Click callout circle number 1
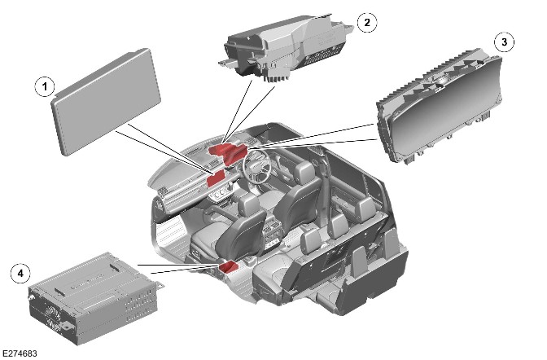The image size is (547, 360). tap(45, 86)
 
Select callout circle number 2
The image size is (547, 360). tap(367, 22)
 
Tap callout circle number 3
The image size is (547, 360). tap(504, 42)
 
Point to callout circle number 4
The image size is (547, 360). tap(20, 273)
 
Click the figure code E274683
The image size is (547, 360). tap(20, 353)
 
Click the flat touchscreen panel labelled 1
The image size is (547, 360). tap(106, 102)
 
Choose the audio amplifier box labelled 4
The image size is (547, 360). tap(95, 298)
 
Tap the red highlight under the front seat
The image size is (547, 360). tap(229, 267)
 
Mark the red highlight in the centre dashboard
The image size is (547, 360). tap(217, 178)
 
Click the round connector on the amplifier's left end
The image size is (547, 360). tap(29, 298)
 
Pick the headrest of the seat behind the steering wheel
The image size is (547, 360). tap(304, 169)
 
